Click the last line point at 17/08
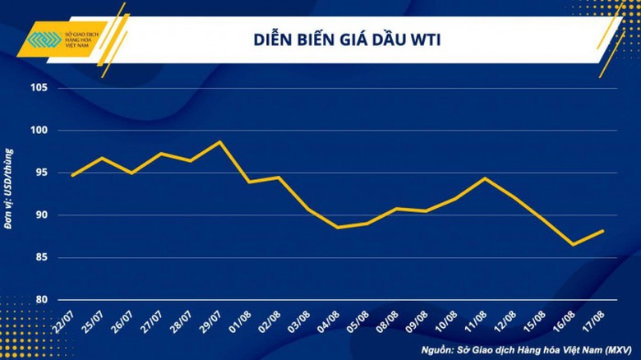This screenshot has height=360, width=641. click(x=604, y=231)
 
